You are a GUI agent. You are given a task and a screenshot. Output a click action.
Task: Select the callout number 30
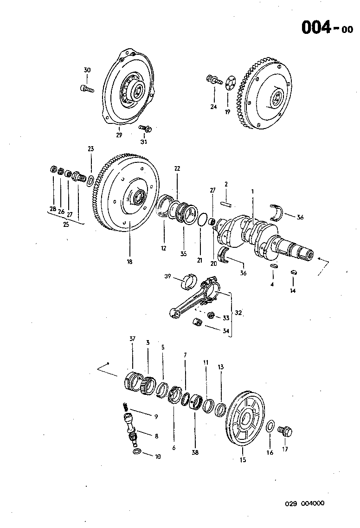point(87,70)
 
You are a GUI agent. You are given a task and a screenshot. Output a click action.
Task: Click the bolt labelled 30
point(87,88)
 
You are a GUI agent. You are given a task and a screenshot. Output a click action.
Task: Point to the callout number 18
point(129,262)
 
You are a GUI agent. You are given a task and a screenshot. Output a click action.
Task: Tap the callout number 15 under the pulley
point(243,460)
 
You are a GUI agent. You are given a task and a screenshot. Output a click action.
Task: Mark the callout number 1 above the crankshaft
point(253,191)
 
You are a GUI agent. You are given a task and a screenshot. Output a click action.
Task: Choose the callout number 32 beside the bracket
point(238,313)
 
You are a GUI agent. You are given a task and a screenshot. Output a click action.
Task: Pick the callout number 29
point(119,135)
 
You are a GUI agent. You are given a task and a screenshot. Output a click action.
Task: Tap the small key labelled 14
point(293,272)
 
